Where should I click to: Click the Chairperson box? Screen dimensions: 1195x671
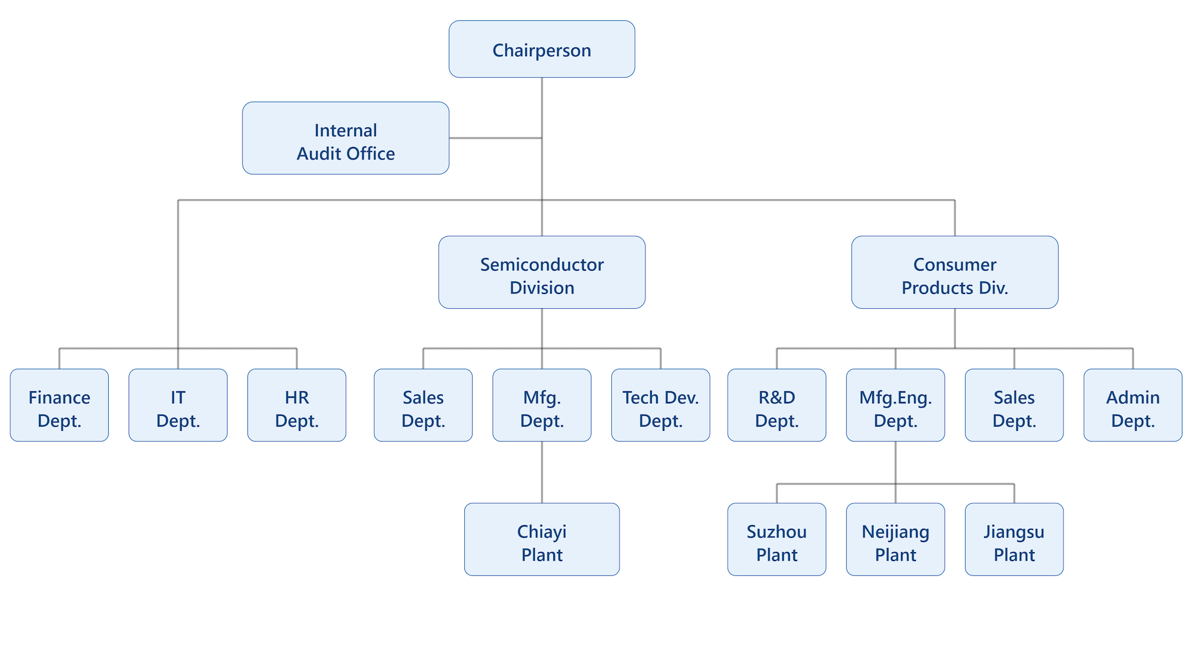coord(542,49)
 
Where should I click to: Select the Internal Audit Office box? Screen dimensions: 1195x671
coord(346,138)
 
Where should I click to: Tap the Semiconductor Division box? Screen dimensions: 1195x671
coord(542,272)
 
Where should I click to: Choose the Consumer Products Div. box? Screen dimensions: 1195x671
coord(955,272)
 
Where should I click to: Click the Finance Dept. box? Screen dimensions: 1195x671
coord(59,405)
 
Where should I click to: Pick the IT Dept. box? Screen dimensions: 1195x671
coord(178,405)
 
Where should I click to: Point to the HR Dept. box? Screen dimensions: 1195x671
coord(297,405)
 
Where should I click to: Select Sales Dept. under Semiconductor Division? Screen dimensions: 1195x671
coord(423,405)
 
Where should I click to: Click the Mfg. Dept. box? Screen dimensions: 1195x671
coord(542,405)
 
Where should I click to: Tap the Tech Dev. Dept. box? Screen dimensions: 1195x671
coord(661,405)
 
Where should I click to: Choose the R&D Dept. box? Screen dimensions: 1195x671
coord(777,405)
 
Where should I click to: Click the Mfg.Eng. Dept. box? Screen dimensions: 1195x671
coord(896,405)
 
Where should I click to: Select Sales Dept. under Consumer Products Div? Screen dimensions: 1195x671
coord(1014,405)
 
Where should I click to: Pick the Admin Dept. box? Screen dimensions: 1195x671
coord(1133,405)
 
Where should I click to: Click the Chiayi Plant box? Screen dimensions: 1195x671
coord(542,540)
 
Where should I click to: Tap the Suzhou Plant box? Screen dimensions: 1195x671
coord(777,540)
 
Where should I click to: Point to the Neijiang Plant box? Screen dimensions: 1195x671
coord(896,540)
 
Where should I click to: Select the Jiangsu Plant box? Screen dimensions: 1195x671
coord(1014,540)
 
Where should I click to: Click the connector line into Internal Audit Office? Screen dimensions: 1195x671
coord(496,138)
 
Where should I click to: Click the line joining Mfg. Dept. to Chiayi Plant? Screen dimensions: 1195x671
coord(542,472)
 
